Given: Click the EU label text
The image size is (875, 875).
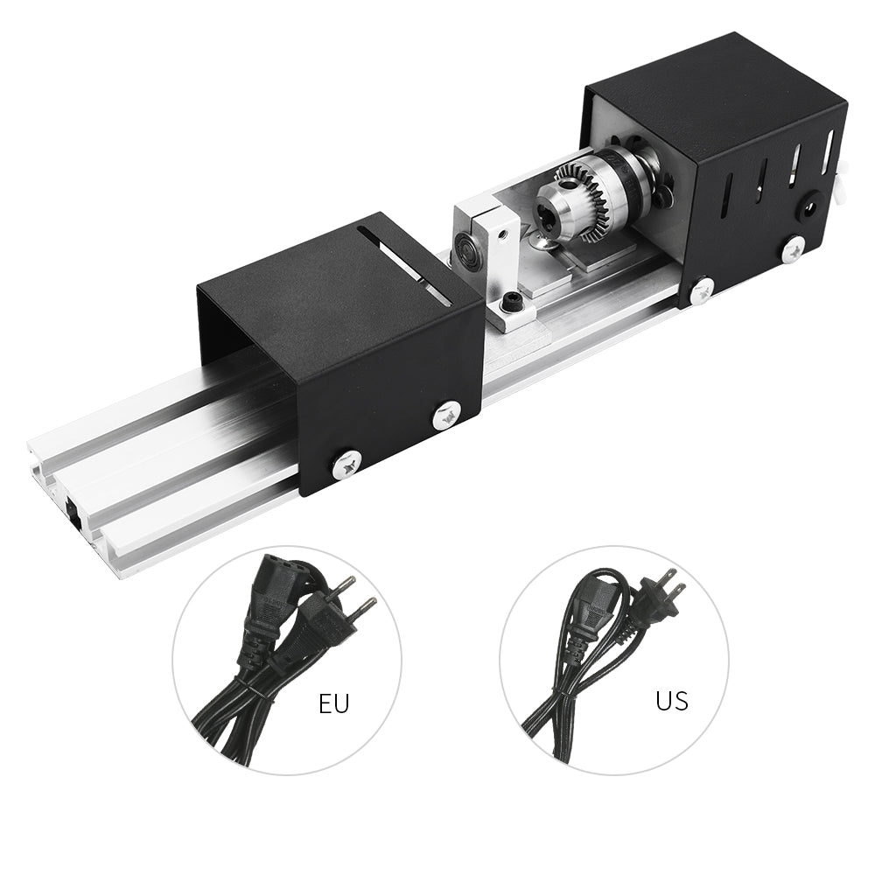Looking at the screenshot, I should tap(333, 703).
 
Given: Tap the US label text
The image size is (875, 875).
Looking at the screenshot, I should tap(671, 700).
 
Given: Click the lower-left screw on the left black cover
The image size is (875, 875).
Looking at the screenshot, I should tap(347, 464).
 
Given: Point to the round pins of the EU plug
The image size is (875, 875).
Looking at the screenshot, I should tap(361, 594).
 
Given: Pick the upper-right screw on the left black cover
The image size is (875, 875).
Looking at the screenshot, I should tap(446, 415).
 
